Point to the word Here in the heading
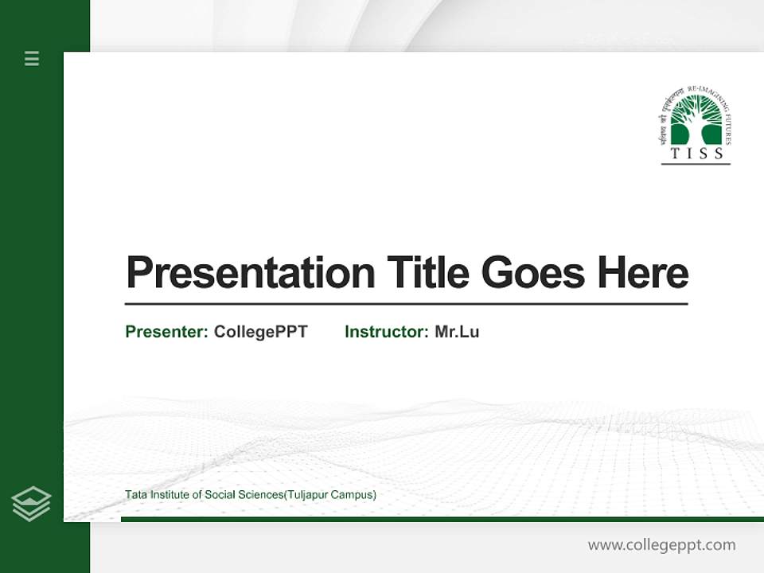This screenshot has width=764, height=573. click(643, 273)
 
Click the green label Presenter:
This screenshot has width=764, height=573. click(166, 332)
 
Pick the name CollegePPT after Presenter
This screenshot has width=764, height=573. click(260, 332)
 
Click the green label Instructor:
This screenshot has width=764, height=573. click(387, 332)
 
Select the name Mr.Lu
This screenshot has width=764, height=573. click(457, 332)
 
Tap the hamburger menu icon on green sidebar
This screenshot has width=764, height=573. click(32, 58)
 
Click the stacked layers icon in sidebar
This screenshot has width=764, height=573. click(32, 503)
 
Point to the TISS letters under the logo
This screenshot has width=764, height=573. click(696, 154)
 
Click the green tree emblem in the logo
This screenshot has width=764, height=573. click(696, 121)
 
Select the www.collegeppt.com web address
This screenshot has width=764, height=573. click(661, 545)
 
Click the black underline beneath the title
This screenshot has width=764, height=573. click(406, 304)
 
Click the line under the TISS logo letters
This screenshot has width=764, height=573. click(696, 164)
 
